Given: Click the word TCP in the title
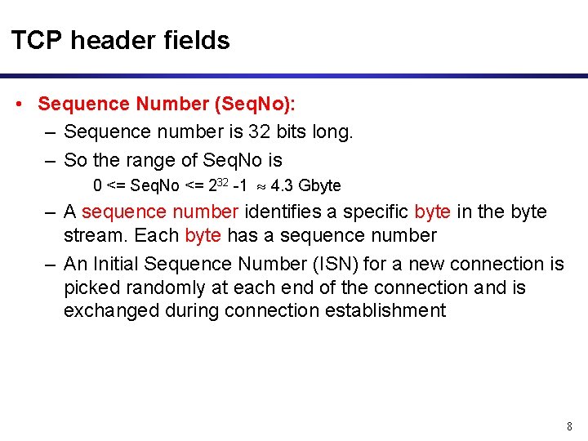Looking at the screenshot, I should point(36,40).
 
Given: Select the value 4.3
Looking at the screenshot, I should point(282,185).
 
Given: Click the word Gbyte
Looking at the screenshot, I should point(319,185).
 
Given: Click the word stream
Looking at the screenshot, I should point(91,236).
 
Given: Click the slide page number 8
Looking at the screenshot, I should point(569,426).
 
